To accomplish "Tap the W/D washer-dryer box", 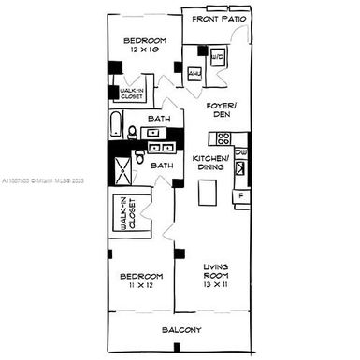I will tap(218, 57).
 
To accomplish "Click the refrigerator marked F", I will tap(239, 196).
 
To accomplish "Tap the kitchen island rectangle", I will tap(207, 193).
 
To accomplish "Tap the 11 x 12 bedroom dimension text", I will tap(141, 288).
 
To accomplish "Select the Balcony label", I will tap(180, 330).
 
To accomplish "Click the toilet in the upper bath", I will tap(135, 131).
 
